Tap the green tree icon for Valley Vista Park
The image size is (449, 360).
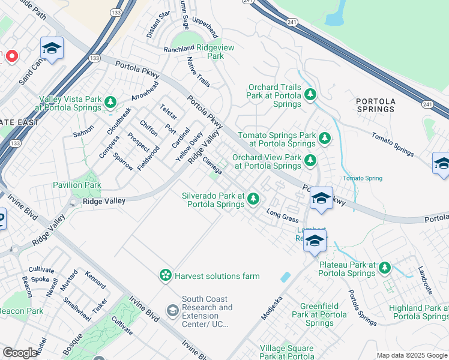[x=110, y=103]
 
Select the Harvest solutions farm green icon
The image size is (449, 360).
[x=164, y=275]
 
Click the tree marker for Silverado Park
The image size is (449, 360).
[x=253, y=198]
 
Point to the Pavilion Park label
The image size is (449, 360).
[x=77, y=185]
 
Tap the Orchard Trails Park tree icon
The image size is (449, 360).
[x=310, y=94]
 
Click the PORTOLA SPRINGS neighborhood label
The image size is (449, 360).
[x=375, y=105]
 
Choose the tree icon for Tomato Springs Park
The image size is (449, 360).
[x=324, y=139]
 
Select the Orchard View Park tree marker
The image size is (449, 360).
[x=310, y=160]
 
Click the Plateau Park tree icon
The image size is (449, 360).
[x=384, y=267]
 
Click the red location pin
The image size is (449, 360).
[x=11, y=56]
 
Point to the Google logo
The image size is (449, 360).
[x=20, y=353]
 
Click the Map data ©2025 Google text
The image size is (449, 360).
[x=411, y=355]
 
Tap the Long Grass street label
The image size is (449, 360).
[x=282, y=216]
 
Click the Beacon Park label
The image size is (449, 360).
[x=21, y=311]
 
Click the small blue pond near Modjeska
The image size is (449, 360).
[x=286, y=277]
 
